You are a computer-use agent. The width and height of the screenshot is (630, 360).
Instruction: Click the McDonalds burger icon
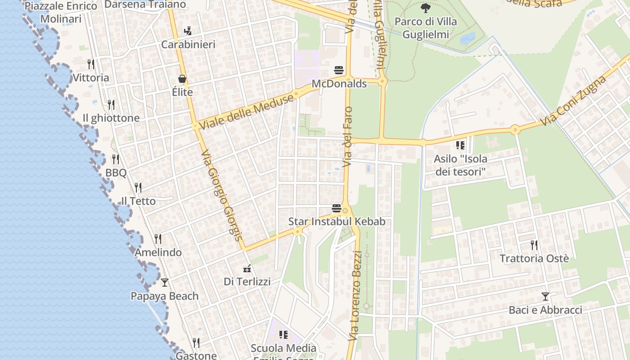pos(339,70)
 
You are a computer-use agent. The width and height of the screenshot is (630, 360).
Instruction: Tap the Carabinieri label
pos(188,45)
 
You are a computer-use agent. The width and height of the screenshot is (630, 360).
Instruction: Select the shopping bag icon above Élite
pos(182,79)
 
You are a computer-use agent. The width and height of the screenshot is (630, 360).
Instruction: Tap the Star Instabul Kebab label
pos(337,221)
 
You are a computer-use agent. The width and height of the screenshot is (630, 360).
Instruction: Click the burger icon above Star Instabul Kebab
pos(336,208)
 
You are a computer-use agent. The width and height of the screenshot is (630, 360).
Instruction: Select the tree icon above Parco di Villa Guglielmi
pos(425,8)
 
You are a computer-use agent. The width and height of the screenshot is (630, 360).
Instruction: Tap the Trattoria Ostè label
pos(534,258)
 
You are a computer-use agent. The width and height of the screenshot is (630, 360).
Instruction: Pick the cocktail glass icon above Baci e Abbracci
pos(545,297)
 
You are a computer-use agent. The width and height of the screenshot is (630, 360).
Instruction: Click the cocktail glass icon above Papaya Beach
pos(165,283)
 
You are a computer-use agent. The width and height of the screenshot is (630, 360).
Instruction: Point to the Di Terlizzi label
pos(247,282)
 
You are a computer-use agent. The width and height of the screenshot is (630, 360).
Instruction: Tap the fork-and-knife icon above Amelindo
pos(157,239)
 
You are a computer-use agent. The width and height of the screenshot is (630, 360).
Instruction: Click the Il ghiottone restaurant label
pos(111,118)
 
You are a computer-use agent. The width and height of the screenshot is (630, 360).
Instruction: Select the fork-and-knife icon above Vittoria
pos(91,64)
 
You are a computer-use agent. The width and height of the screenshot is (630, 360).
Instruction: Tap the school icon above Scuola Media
pos(283,335)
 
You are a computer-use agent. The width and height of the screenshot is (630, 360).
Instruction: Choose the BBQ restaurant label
pos(116,172)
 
